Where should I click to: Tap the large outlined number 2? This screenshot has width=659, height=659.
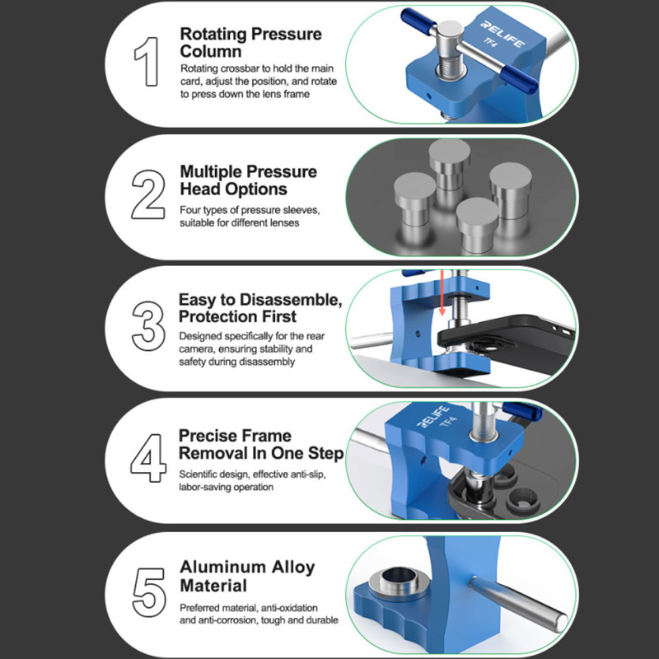pyautogui.click(x=148, y=194)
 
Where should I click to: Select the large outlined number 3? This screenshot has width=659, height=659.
pyautogui.click(x=148, y=326)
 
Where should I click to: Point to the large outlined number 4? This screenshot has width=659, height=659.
pyautogui.click(x=148, y=458)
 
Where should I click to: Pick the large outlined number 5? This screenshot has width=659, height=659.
pyautogui.click(x=149, y=592)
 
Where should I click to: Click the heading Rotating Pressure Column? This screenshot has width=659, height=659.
pyautogui.click(x=251, y=43)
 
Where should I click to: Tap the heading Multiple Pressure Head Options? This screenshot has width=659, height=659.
pyautogui.click(x=249, y=180)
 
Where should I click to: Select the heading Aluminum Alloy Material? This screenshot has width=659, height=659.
pyautogui.click(x=247, y=576)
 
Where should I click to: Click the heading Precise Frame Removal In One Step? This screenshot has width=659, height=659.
pyautogui.click(x=261, y=444)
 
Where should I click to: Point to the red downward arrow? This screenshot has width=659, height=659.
pyautogui.click(x=442, y=293)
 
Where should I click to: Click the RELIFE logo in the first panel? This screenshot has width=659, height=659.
pyautogui.click(x=502, y=34)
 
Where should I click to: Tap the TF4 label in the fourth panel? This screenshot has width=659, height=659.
pyautogui.click(x=448, y=422)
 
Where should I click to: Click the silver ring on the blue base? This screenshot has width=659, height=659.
pyautogui.click(x=400, y=582)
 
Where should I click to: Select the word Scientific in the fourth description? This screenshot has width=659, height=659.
pyautogui.click(x=197, y=474)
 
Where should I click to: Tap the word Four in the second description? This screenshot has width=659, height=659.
pyautogui.click(x=189, y=210)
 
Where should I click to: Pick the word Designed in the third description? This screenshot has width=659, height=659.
pyautogui.click(x=199, y=336)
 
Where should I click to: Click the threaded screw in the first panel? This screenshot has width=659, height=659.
pyautogui.click(x=450, y=68)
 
